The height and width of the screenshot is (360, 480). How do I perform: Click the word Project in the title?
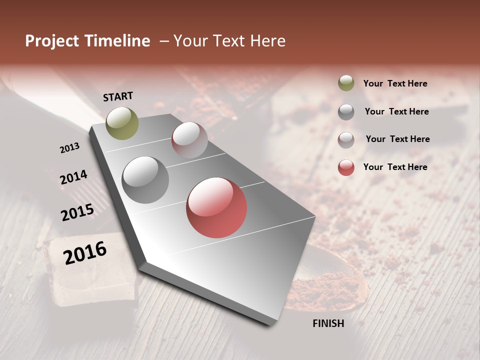click(51, 41)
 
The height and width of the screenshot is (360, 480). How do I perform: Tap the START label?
click(118, 96)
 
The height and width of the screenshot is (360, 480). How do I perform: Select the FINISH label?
click(328, 323)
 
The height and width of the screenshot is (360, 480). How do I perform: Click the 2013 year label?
click(70, 148)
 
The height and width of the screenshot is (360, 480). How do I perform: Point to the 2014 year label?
click(74, 177)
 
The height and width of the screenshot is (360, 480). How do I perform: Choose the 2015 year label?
click(77, 212)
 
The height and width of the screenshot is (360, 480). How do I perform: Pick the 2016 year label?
click(85, 252)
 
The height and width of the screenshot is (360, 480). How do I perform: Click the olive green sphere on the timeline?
click(122, 123)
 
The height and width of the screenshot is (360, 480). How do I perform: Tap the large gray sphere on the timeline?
click(145, 180)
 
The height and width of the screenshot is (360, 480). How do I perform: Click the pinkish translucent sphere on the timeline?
click(189, 140)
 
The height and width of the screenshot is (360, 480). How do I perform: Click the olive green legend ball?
click(346, 83)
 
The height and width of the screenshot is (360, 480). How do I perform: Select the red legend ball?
click(346, 167)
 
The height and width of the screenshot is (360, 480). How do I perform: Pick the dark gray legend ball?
click(346, 111)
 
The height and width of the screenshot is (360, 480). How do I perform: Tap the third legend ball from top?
click(346, 140)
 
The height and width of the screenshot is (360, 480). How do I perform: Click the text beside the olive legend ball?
click(395, 83)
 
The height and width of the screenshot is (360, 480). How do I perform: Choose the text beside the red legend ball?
click(395, 167)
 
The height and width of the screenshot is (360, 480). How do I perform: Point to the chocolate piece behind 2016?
click(90, 280)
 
